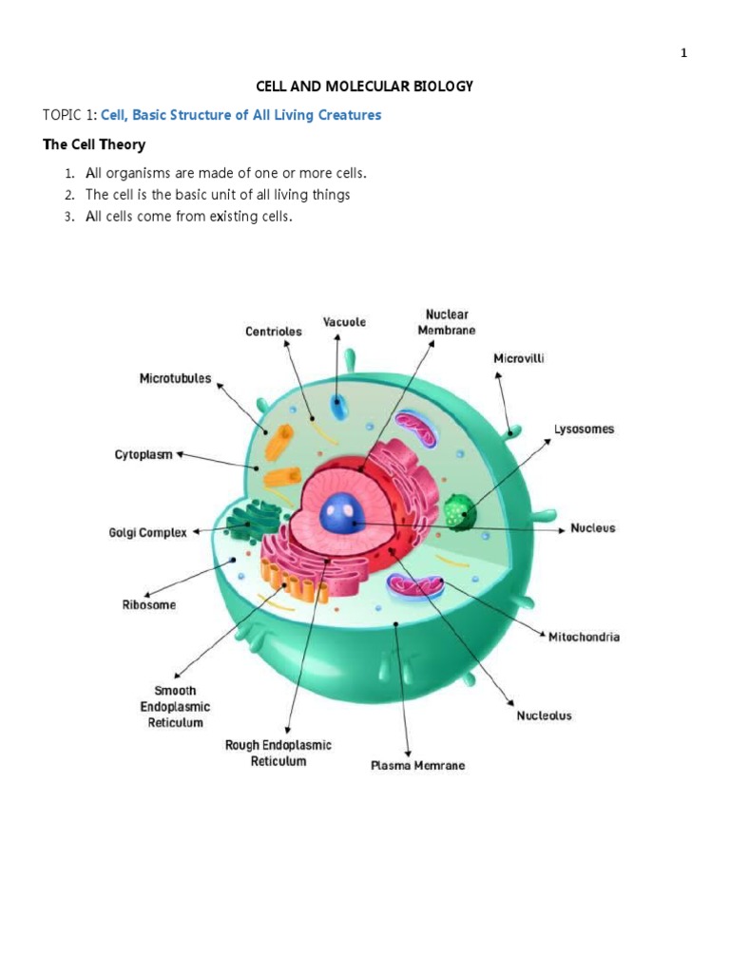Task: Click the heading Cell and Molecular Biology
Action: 365,86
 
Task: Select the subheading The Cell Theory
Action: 94,144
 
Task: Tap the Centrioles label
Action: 274,332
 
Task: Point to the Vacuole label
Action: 344,322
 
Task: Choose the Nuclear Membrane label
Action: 446,321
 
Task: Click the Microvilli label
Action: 518,358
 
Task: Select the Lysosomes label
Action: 584,429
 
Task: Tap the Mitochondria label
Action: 584,637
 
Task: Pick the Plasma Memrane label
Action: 417,766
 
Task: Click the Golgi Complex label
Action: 148,533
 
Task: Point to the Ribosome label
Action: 148,605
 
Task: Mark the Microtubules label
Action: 176,378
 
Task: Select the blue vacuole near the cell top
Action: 339,409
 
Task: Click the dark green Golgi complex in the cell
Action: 254,524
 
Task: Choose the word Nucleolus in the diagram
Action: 544,715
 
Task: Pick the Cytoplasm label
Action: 144,455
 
